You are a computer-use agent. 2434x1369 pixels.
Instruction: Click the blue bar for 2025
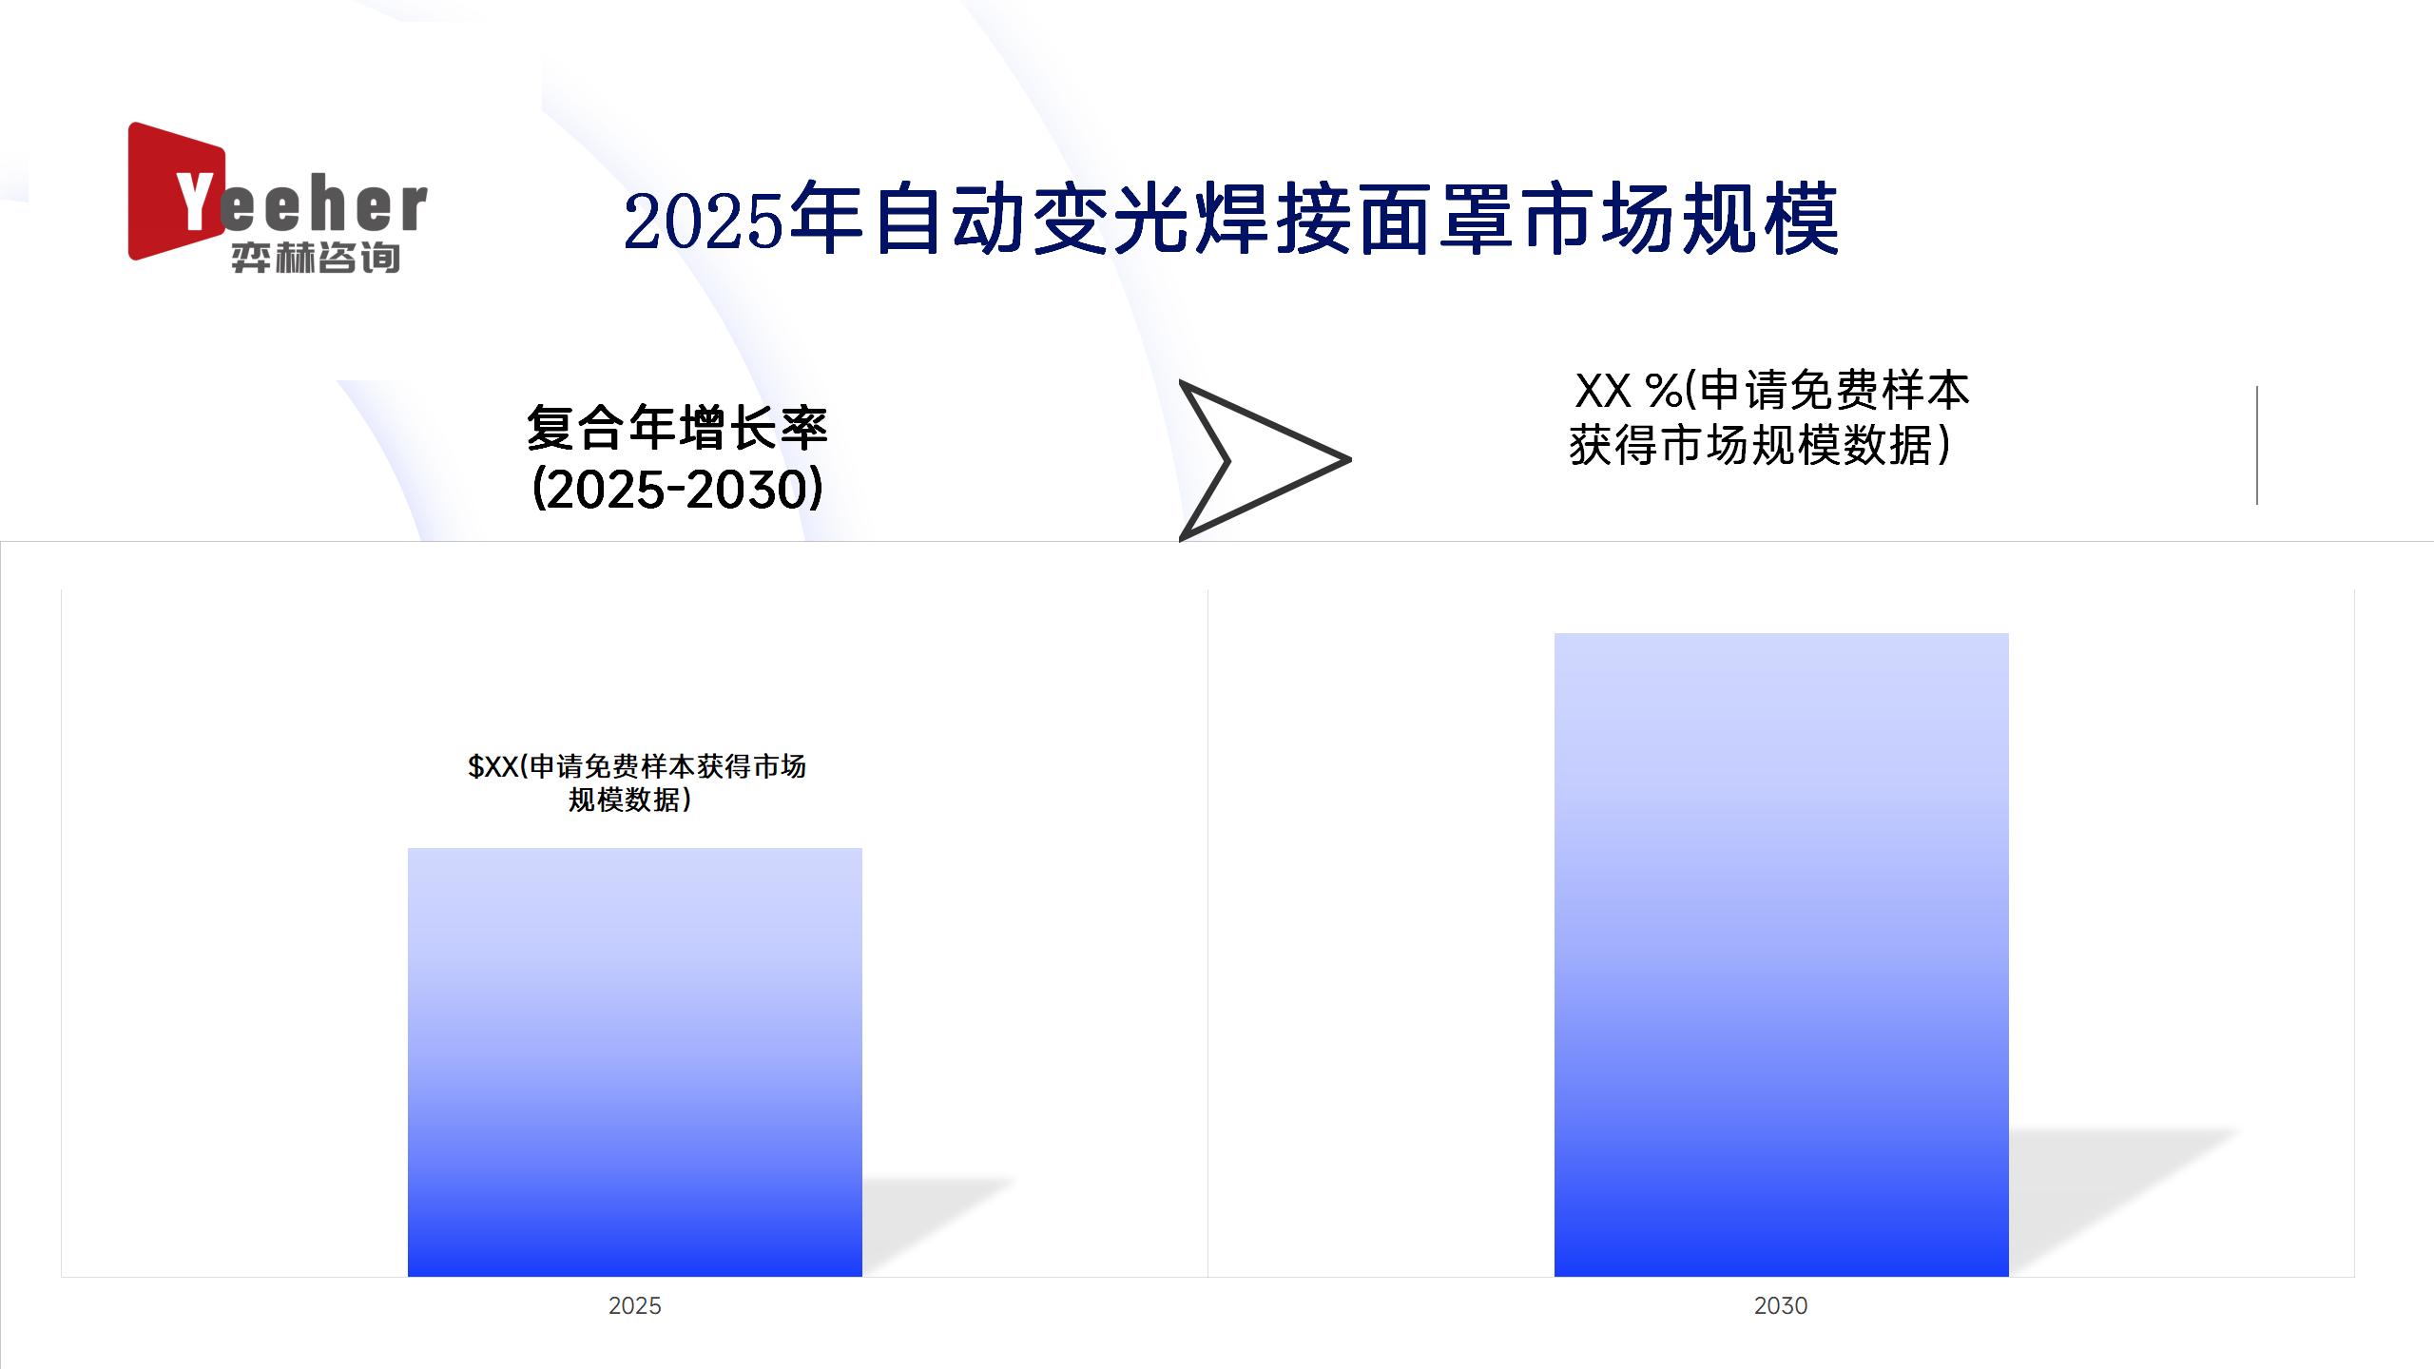tap(634, 1062)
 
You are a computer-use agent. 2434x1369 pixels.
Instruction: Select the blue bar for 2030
tap(1781, 954)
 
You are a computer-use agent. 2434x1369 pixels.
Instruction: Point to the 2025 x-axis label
tap(634, 1305)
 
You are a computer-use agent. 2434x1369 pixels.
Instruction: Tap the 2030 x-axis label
tap(1781, 1305)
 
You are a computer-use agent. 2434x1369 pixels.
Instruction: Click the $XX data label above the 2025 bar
tap(636, 782)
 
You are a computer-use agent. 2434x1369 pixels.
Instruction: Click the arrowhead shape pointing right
tap(1255, 460)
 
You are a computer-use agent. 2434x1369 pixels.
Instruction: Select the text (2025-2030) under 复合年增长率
tap(677, 490)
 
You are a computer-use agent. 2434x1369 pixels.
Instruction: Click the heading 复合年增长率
tap(677, 428)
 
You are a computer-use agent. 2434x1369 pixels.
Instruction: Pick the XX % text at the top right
tap(1628, 391)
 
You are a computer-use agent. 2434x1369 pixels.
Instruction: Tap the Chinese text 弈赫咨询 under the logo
tap(316, 258)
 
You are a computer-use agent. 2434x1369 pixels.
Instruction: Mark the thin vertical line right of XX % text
tap(2256, 445)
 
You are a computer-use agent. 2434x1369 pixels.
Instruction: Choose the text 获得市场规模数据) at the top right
tap(1760, 445)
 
